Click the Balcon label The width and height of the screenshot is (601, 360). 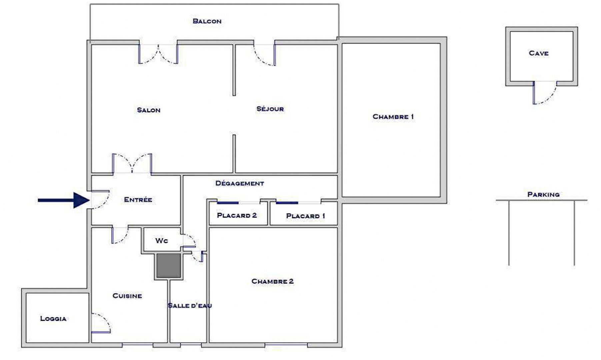tap(207, 21)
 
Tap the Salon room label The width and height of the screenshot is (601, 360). tap(149, 110)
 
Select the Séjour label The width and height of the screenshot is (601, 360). tap(270, 109)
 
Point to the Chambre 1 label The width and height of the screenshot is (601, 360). tap(393, 117)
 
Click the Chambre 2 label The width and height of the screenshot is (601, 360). tap(272, 281)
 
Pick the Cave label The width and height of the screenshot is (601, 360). tap(539, 53)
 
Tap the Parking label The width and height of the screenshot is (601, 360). tap(543, 194)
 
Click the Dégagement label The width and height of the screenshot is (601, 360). tap(240, 183)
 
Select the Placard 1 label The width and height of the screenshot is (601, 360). tap(305, 216)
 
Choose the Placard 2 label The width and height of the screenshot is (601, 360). tap(237, 215)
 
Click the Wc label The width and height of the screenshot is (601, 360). tap(162, 241)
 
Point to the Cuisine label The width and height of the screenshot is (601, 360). tap(127, 296)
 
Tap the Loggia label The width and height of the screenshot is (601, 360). tap(53, 319)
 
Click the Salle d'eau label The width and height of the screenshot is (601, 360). tap(190, 306)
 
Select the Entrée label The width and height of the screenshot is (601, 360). tap(138, 200)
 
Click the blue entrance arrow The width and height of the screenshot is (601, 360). tap(64, 200)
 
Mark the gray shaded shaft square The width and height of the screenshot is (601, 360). tap(169, 265)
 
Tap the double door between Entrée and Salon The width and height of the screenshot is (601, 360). tap(132, 163)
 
